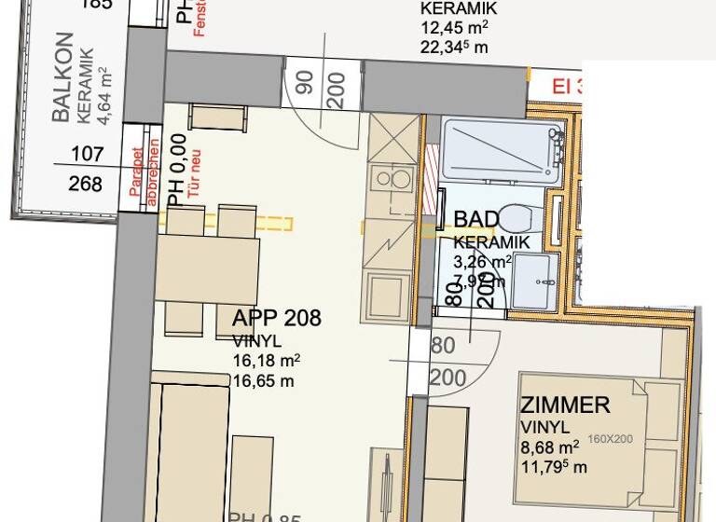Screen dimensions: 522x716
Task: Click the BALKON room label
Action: [62, 78]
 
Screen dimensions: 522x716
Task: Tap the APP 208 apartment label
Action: [277, 319]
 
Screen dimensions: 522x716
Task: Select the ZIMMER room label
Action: [565, 405]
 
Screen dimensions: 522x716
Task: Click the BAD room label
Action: [475, 220]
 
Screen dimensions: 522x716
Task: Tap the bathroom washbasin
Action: [533, 269]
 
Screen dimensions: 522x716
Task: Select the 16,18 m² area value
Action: [266, 361]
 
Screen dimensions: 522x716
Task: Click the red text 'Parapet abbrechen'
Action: [145, 172]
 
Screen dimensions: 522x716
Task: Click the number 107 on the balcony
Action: [87, 155]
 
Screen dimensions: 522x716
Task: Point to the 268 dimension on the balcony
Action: [86, 183]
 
